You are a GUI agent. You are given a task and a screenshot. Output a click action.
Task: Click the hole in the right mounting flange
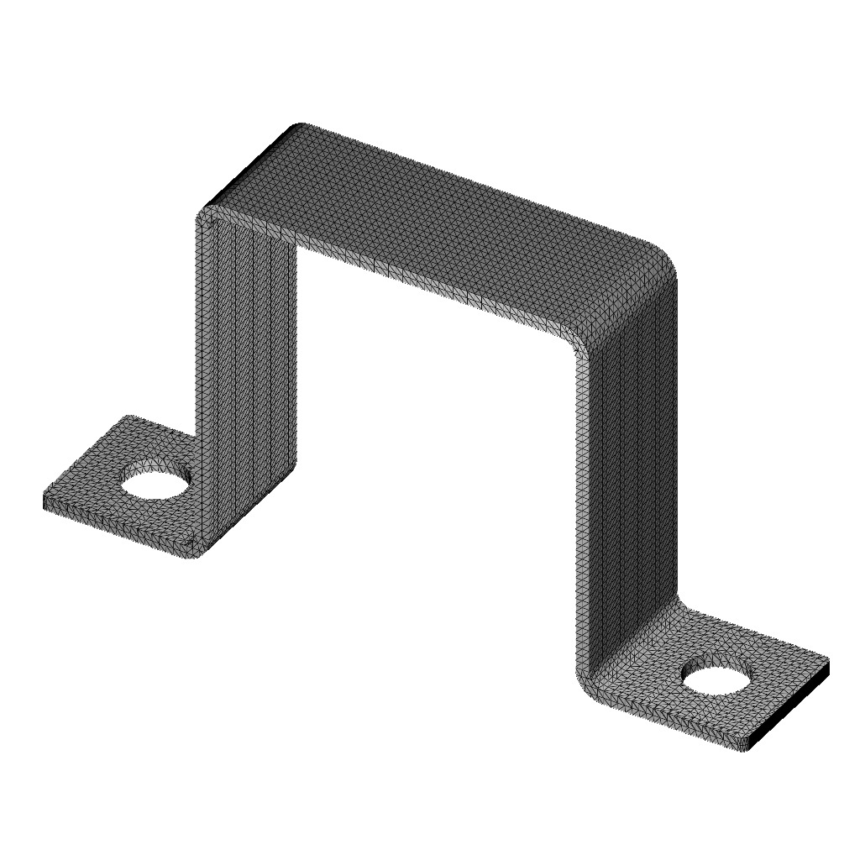click(x=716, y=675)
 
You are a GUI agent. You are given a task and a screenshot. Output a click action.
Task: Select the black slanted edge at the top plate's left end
click(x=249, y=165)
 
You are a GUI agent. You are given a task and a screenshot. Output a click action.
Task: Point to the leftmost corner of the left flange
click(x=44, y=502)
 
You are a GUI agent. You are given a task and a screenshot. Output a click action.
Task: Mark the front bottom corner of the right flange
click(x=743, y=748)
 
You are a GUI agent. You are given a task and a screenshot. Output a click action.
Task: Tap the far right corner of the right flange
click(x=828, y=661)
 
